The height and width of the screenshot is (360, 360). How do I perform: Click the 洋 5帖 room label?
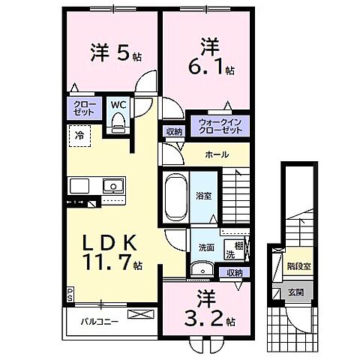[x=115, y=54]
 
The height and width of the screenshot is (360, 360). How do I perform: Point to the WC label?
[x=120, y=105]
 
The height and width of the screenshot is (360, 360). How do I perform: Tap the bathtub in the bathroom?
[x=175, y=196]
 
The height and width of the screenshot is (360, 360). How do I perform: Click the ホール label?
[x=216, y=155]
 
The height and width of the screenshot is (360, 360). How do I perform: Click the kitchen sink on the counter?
[x=112, y=184]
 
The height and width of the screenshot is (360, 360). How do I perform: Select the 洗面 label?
[x=206, y=247]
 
